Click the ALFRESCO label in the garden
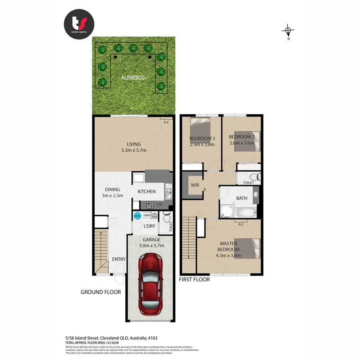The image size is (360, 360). [133, 77]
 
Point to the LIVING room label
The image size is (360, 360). [134, 144]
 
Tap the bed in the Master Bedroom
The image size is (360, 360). [247, 248]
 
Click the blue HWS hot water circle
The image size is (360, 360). [137, 216]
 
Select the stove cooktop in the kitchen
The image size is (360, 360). [150, 205]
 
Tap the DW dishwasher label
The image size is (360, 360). [160, 205]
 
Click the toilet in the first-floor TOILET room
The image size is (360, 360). [254, 177]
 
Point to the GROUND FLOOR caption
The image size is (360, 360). [101, 292]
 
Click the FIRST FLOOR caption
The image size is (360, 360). [194, 280]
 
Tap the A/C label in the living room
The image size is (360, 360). [166, 122]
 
